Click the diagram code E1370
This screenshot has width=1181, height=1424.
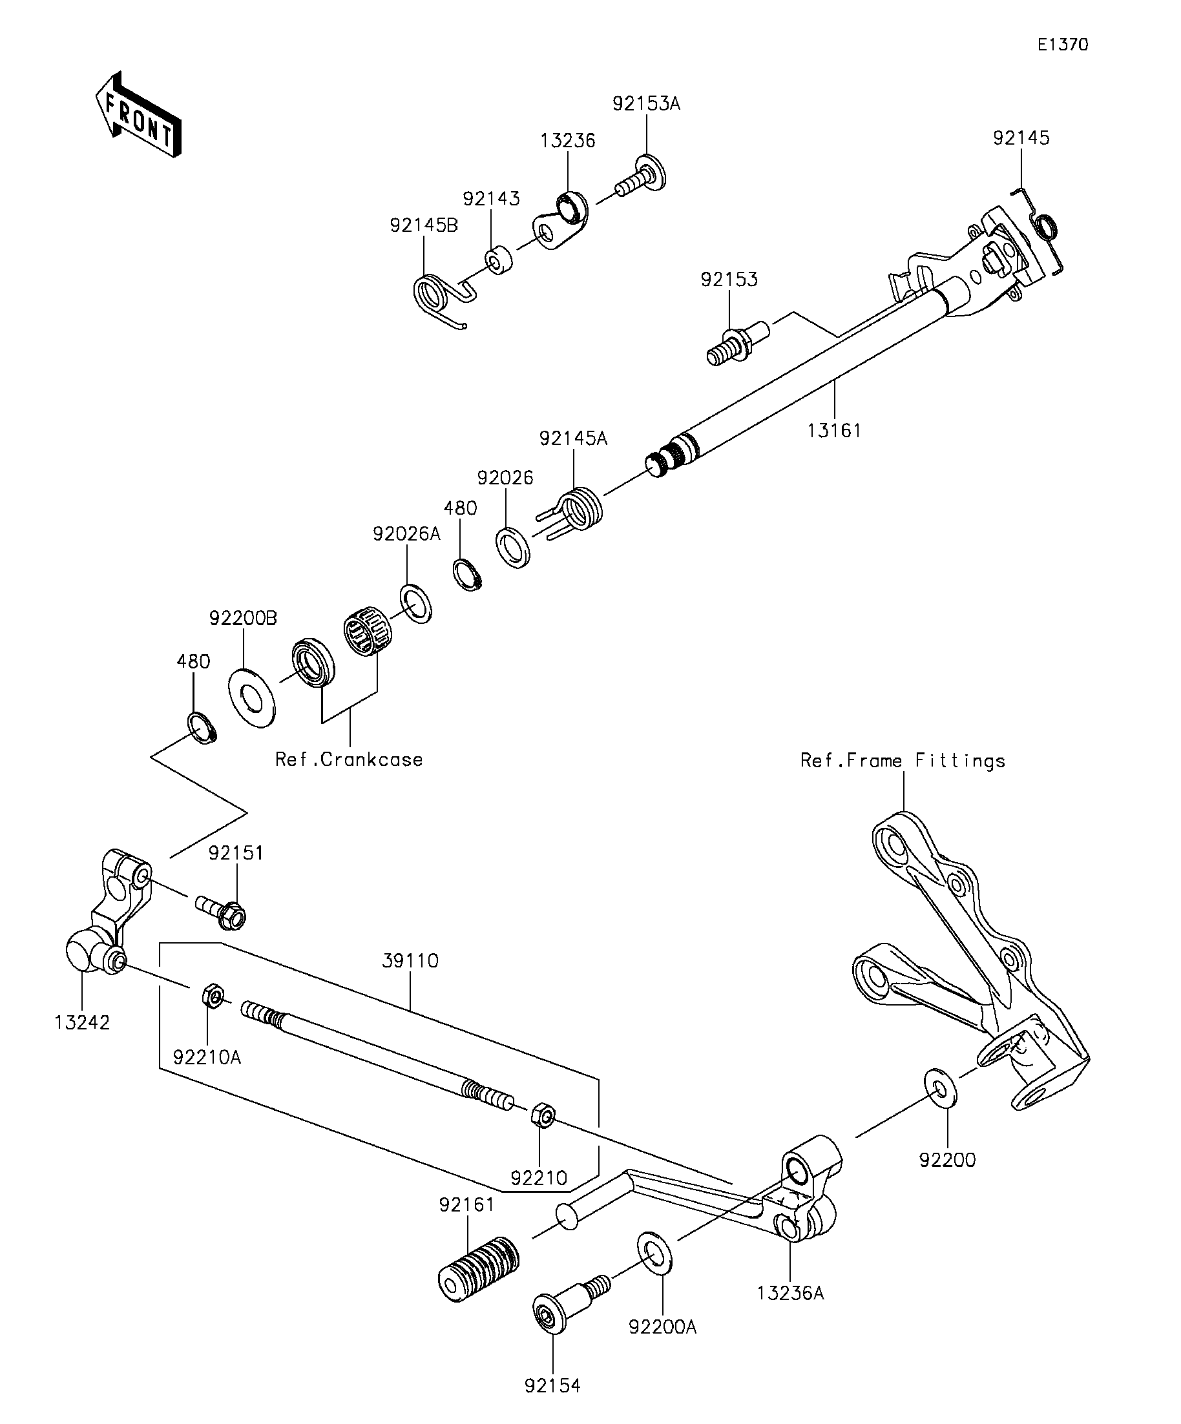(x=1062, y=45)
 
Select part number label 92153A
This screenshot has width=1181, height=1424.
(x=646, y=104)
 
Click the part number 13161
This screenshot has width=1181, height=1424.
(x=833, y=431)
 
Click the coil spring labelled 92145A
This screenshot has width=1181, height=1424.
(x=581, y=509)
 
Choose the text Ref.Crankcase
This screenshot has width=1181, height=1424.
(x=349, y=759)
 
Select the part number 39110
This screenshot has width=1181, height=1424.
(x=410, y=961)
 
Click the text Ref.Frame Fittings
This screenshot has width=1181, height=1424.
(x=902, y=761)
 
